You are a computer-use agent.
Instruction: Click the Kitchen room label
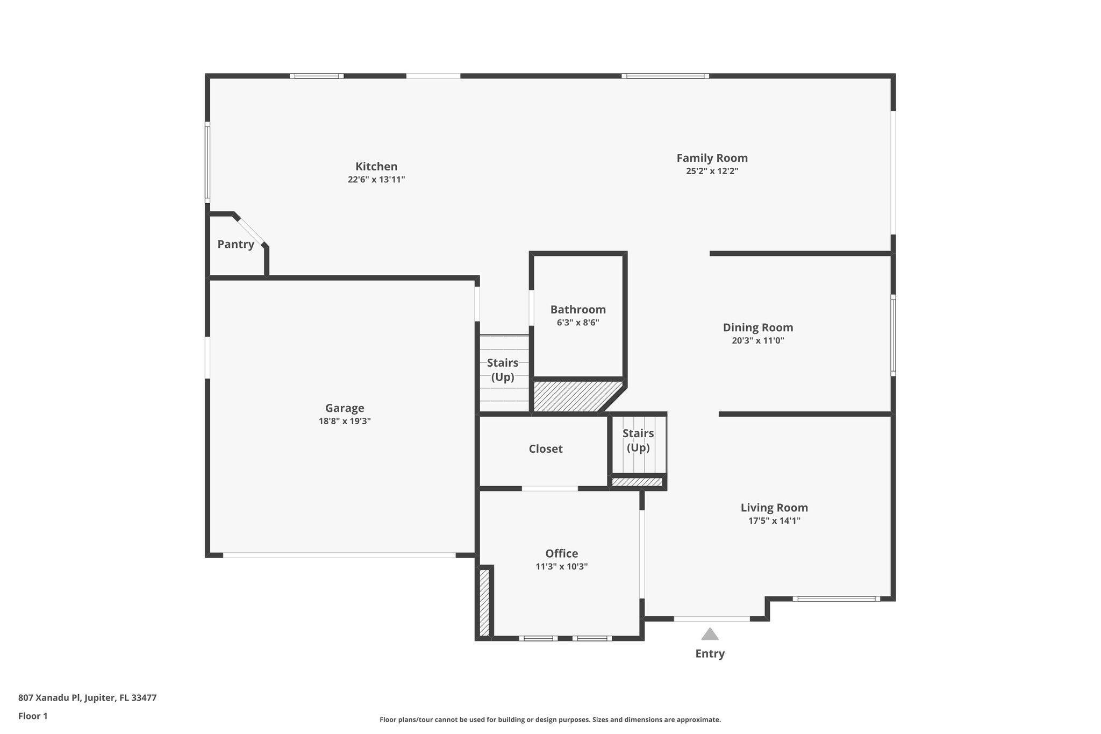pyautogui.click(x=376, y=167)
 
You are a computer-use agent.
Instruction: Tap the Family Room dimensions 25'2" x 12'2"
pyautogui.click(x=712, y=172)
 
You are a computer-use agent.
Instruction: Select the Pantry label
pyautogui.click(x=235, y=245)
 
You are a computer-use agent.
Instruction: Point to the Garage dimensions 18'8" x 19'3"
pyautogui.click(x=345, y=422)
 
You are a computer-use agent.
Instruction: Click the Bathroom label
pyautogui.click(x=578, y=310)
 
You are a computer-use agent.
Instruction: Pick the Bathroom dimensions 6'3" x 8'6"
pyautogui.click(x=578, y=323)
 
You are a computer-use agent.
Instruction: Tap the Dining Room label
pyautogui.click(x=757, y=327)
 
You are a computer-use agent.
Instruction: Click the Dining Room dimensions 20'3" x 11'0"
pyautogui.click(x=757, y=341)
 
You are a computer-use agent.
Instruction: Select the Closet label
pyautogui.click(x=545, y=449)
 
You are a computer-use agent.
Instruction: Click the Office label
pyautogui.click(x=561, y=554)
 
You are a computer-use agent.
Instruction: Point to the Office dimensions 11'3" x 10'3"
pyautogui.click(x=561, y=567)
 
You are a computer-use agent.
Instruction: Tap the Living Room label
pyautogui.click(x=774, y=508)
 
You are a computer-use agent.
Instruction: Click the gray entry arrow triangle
pyautogui.click(x=710, y=635)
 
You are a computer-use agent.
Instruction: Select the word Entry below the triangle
pyautogui.click(x=710, y=654)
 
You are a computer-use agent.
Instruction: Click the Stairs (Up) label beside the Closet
pyautogui.click(x=638, y=440)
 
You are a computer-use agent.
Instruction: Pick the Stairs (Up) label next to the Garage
pyautogui.click(x=503, y=370)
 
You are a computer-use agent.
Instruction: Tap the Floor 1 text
pyautogui.click(x=33, y=716)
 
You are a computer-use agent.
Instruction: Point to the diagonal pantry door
pyautogui.click(x=250, y=231)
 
